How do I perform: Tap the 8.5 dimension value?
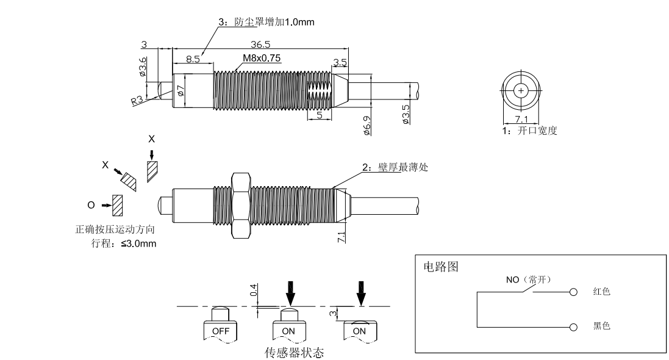coord(193,59)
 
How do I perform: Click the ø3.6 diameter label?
coord(143,67)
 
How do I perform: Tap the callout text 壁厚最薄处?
coord(400,168)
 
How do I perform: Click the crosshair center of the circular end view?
coord(521,90)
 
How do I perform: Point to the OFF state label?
coord(220,330)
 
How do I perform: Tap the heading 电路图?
coord(441,267)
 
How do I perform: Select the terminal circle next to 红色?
coord(573,292)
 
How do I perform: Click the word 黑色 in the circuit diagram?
coord(601,326)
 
